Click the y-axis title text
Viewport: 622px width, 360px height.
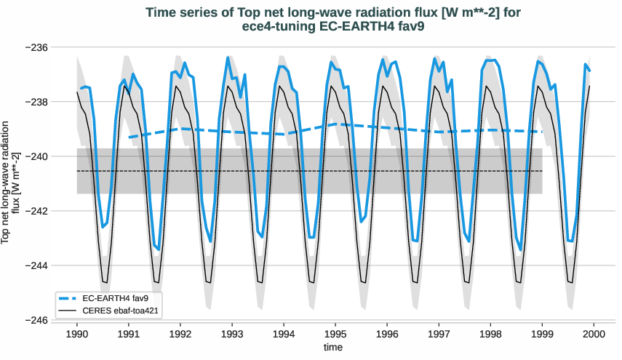(10, 183)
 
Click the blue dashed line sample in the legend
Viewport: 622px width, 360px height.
(69, 298)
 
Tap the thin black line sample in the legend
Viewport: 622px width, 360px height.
(69, 311)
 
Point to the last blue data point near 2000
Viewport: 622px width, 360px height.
(589, 71)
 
